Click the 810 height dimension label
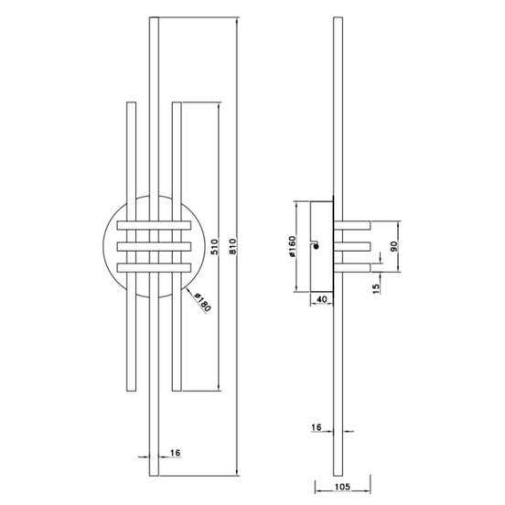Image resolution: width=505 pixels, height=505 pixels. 233,246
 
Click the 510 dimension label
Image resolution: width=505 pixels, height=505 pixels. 214,247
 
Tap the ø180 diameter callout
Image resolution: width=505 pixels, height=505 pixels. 202,303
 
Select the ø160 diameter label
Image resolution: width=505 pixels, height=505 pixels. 292,246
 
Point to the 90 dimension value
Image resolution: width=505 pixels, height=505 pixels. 394,246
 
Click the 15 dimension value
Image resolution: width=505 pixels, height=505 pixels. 376,288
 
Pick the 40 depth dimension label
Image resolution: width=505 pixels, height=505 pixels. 322,299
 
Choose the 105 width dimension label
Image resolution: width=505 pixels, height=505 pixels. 342,487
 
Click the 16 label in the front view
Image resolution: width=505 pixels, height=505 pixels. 175,453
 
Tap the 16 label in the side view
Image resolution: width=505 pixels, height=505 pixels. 317,427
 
